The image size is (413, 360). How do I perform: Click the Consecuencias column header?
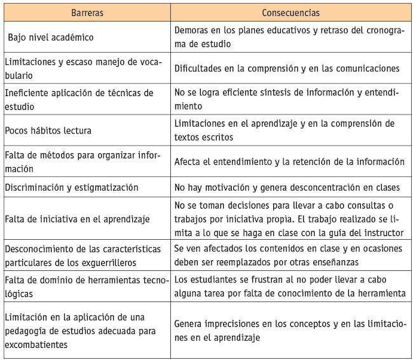click(x=291, y=13)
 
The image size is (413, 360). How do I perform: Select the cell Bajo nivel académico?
click(x=51, y=38)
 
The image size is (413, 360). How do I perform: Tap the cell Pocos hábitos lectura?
click(x=48, y=130)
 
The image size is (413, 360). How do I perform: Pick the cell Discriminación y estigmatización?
click(x=71, y=188)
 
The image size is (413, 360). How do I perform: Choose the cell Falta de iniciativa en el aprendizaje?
click(x=78, y=219)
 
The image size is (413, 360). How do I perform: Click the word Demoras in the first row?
click(x=193, y=31)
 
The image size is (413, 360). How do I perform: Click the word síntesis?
click(x=280, y=93)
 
